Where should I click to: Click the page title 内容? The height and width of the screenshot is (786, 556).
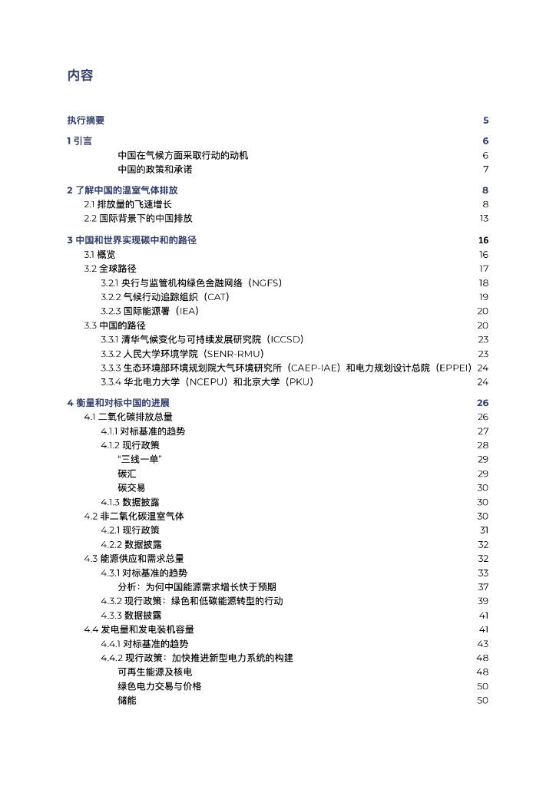(x=80, y=75)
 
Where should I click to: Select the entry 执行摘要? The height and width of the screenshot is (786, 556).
(x=86, y=121)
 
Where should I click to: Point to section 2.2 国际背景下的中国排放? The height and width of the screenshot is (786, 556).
(x=138, y=218)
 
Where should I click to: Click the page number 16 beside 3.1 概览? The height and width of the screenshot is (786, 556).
(x=483, y=254)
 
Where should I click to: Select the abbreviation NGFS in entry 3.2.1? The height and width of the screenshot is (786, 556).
(x=260, y=282)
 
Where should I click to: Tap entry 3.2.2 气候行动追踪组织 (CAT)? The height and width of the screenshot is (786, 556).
(x=165, y=296)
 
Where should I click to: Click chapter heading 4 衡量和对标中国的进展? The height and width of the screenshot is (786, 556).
(x=118, y=403)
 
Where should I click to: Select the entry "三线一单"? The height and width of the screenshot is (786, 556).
(x=140, y=459)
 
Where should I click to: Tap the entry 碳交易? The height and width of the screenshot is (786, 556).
(x=131, y=487)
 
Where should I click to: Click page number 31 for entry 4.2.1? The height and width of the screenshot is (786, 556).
(x=484, y=530)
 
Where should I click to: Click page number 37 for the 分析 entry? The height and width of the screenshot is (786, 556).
(x=483, y=586)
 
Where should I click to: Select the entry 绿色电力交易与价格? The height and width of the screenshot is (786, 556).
(x=159, y=685)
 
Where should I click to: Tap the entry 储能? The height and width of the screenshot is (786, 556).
(x=127, y=700)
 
